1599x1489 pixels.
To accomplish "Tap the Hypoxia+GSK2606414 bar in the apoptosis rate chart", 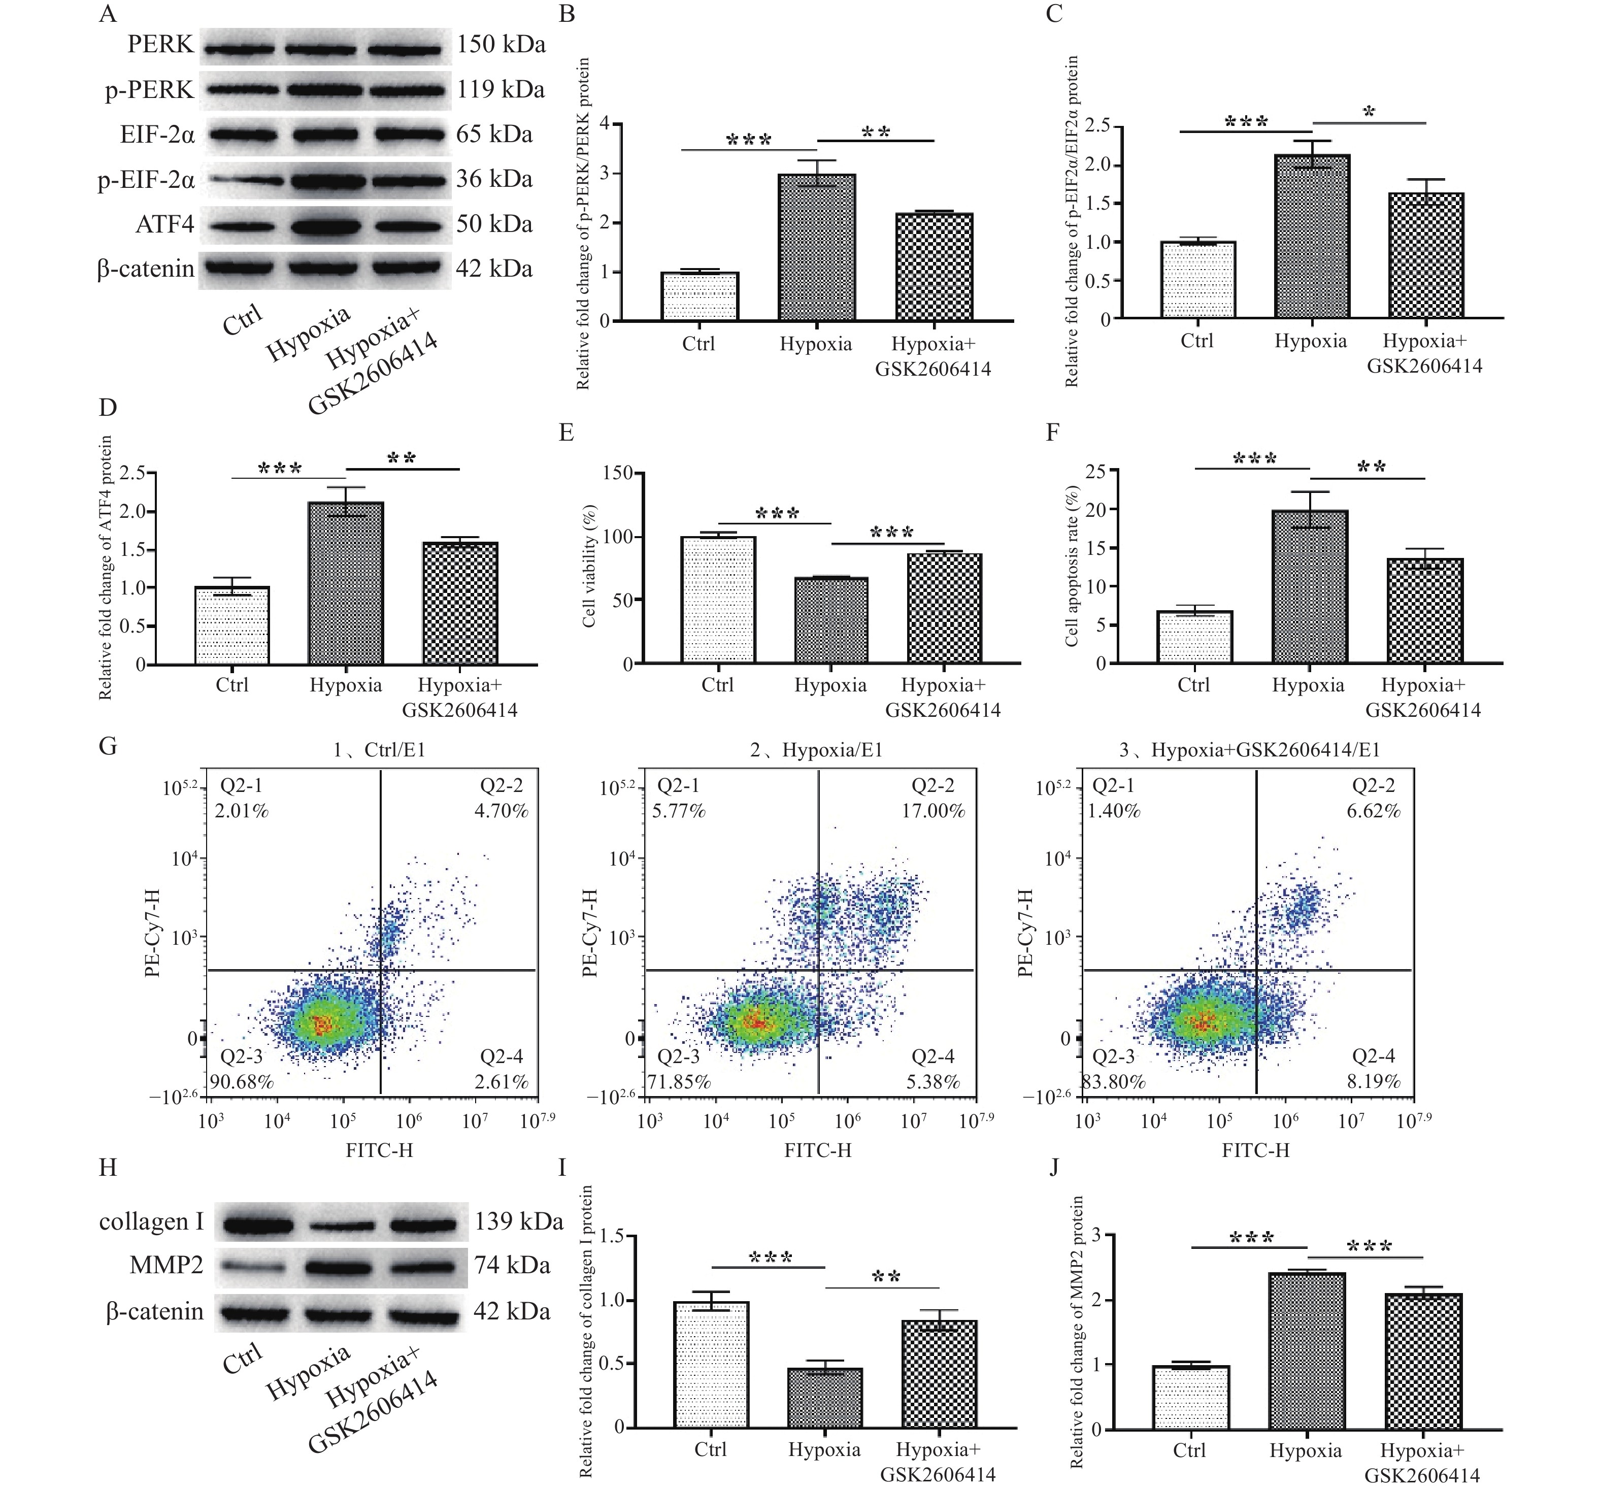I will point(1424,611).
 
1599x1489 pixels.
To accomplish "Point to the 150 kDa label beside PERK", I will point(501,44).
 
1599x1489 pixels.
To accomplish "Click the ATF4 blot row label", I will point(165,224).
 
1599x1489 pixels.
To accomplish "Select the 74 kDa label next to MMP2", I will point(512,1265).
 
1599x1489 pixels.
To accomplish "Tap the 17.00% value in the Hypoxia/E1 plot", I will point(933,811).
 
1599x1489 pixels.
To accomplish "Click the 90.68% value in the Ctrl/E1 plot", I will point(241,1082).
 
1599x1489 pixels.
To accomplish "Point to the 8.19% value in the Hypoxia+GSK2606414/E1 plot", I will point(1374,1081).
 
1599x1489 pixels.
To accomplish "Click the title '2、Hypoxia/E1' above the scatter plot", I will point(816,750).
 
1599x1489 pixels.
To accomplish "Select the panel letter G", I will point(108,746).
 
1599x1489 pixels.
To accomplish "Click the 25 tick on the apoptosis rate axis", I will point(1095,472).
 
